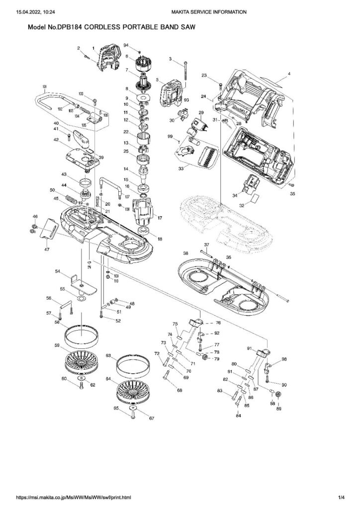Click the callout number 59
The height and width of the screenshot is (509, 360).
click(58, 345)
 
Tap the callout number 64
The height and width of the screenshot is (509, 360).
click(108, 379)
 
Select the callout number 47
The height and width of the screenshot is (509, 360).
click(46, 249)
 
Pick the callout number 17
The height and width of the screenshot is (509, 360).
click(160, 218)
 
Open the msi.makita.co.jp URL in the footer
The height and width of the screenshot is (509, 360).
click(75, 498)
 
